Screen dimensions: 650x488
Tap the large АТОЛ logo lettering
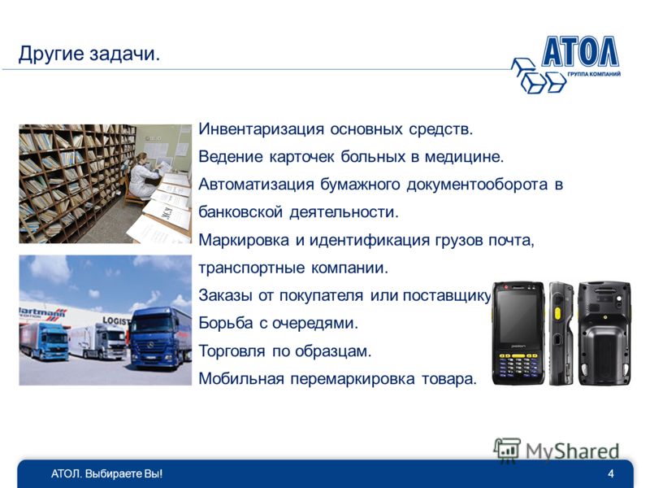[580, 52]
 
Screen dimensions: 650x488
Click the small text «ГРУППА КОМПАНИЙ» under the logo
[594, 74]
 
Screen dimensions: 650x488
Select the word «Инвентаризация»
[261, 129]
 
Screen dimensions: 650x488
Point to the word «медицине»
[464, 157]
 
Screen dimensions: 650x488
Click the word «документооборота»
[477, 185]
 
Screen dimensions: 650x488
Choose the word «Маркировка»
[244, 241]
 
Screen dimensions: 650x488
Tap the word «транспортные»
[251, 268]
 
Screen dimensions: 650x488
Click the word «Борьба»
[226, 323]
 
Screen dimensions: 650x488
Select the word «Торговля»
[232, 351]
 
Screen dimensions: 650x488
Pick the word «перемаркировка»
[352, 379]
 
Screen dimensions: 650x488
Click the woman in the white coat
[142, 176]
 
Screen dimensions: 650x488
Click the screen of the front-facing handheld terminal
[518, 316]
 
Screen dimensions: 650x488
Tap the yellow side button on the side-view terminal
[557, 312]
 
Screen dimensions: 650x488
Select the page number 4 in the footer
[611, 473]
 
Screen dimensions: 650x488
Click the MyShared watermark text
[573, 452]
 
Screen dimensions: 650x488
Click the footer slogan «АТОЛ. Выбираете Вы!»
[107, 474]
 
